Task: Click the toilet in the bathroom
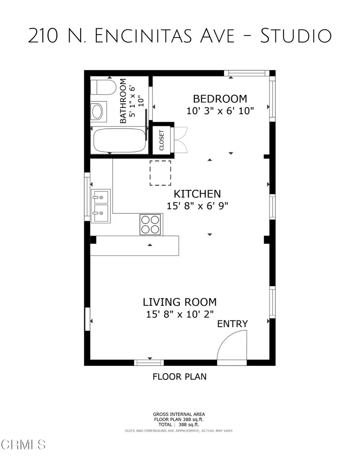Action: tap(102, 87)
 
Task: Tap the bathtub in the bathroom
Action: tap(120, 141)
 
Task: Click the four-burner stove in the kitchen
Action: tap(151, 224)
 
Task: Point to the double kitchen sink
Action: tap(100, 206)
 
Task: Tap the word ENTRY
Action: tap(232, 324)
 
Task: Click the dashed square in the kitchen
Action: tap(160, 173)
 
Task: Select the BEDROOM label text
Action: tap(220, 99)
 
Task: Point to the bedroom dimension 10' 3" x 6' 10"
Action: tap(220, 111)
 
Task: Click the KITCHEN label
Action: tap(197, 194)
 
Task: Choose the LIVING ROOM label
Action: tap(180, 302)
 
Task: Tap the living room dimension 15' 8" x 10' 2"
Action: tap(180, 314)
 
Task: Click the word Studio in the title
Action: tap(295, 36)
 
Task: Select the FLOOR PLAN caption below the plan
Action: tap(179, 377)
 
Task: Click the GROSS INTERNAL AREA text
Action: tap(179, 415)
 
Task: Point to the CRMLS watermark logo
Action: tap(23, 444)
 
